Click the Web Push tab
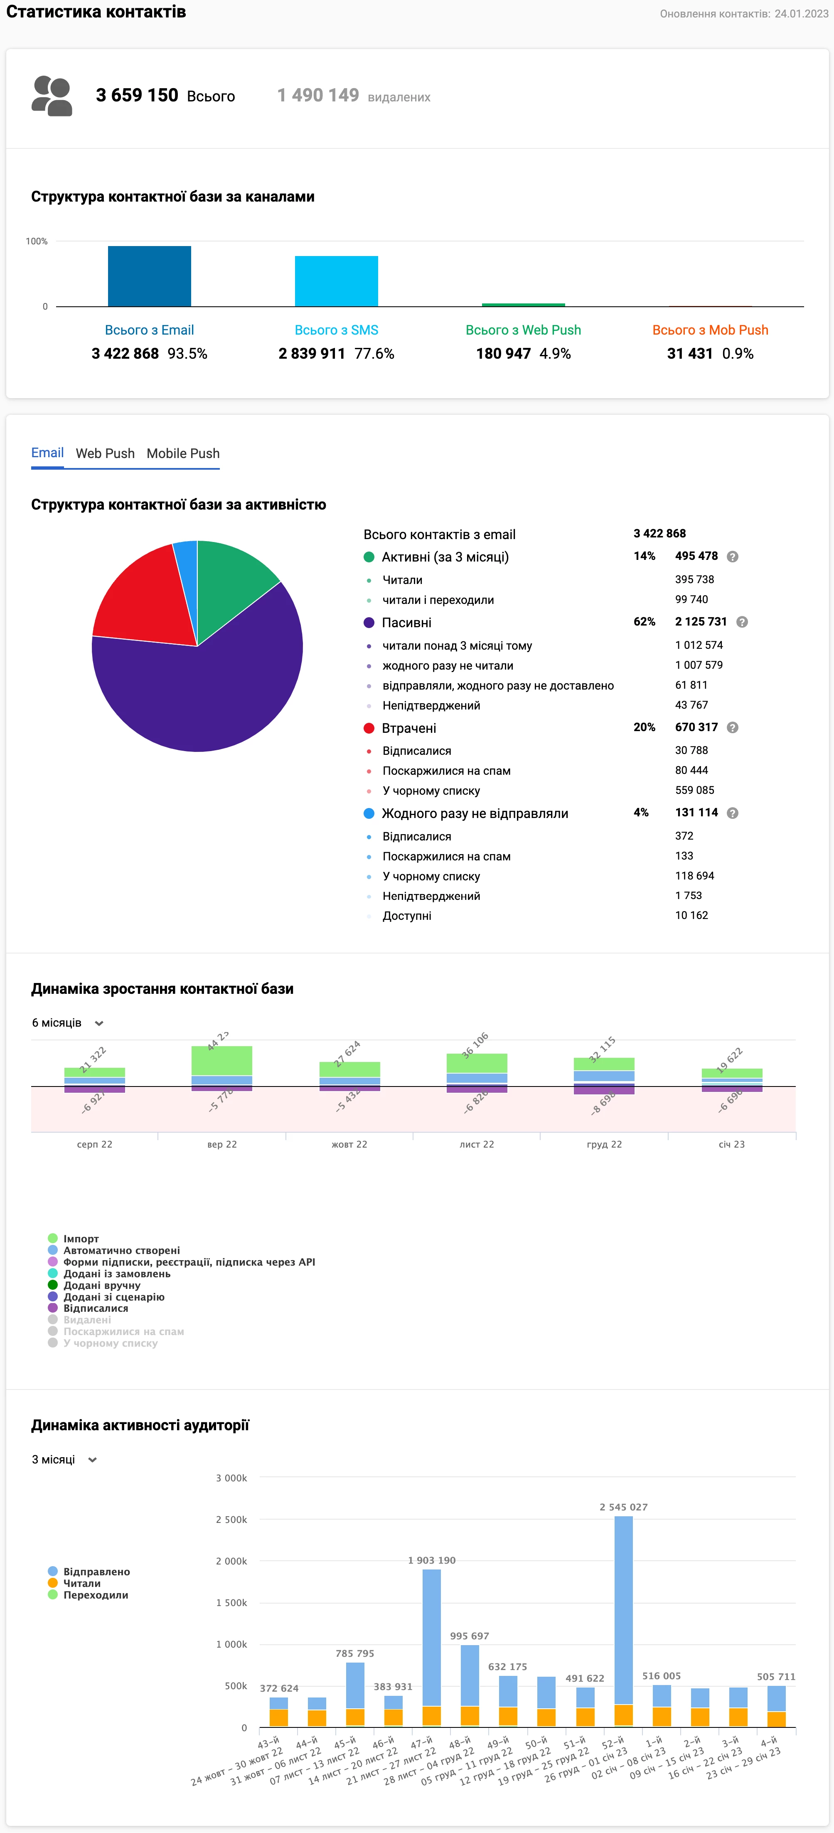point(105,453)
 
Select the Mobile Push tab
point(183,453)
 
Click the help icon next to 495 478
point(732,557)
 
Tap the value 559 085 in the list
point(694,790)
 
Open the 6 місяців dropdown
point(68,1022)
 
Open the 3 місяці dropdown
point(64,1459)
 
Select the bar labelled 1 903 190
point(431,1637)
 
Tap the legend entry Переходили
point(95,1594)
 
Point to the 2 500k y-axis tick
point(231,1519)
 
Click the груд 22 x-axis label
point(604,1144)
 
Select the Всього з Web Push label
point(523,330)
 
